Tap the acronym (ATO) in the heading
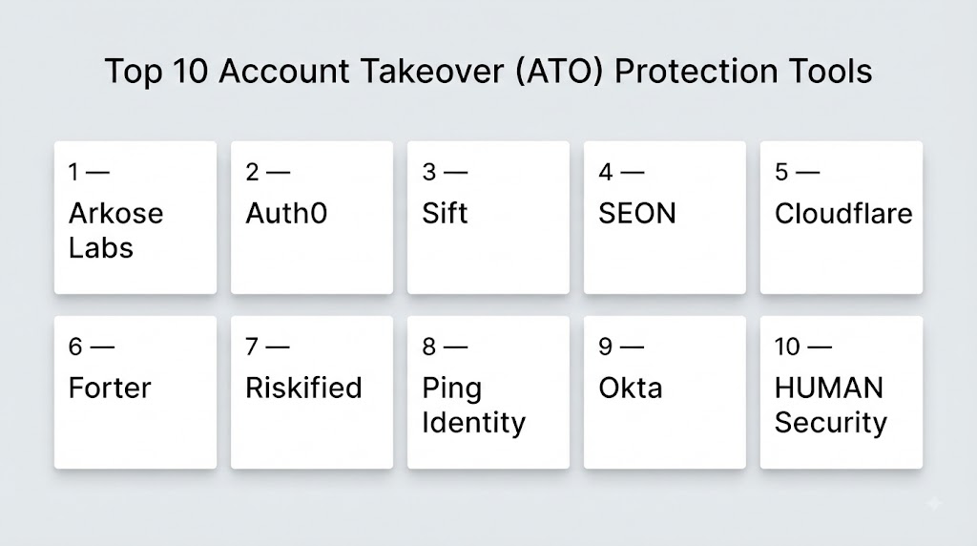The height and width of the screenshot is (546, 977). tap(559, 71)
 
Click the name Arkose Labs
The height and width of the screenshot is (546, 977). tap(115, 231)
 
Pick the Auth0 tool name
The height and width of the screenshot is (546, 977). tap(286, 213)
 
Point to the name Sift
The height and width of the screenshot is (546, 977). tap(445, 213)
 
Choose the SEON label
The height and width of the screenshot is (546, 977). tap(636, 213)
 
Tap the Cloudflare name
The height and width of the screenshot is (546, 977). tap(843, 213)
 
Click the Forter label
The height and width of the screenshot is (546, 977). tap(110, 388)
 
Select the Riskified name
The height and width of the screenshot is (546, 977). tap(303, 388)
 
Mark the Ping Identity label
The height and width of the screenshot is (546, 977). tap(473, 406)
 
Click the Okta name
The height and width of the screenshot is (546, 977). tap(630, 388)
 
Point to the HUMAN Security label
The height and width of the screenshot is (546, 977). tap(831, 405)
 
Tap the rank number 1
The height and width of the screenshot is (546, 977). tap(74, 172)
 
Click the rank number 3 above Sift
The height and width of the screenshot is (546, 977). tap(428, 172)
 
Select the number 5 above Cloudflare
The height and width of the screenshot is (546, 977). tap(781, 172)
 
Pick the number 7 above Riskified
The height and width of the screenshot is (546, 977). tap(252, 346)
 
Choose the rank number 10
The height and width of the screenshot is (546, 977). tap(787, 346)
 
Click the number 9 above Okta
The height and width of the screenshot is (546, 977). tap(605, 346)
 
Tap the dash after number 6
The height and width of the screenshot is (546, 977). tap(102, 347)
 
